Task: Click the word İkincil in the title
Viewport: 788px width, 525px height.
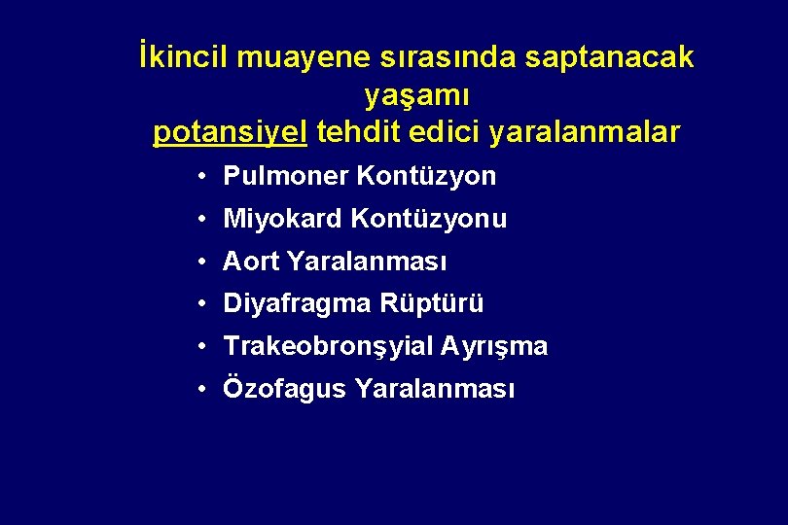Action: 182,58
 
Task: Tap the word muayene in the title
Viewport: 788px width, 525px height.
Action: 303,58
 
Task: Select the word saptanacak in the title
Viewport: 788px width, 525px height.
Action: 609,58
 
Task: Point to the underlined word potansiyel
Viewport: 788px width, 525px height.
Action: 231,132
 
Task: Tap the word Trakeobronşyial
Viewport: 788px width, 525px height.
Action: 328,347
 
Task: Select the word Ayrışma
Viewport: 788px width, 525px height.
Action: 494,347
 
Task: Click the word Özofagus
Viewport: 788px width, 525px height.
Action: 285,390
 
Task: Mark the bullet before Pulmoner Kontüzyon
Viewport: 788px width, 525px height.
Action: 197,177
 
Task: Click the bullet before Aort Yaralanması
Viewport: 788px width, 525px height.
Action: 197,262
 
